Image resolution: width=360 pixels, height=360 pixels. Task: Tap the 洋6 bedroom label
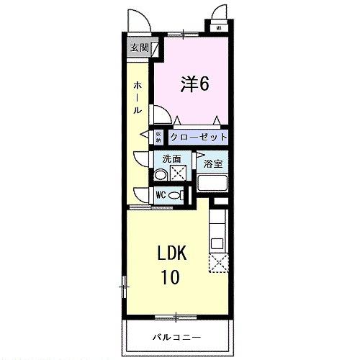(194, 84)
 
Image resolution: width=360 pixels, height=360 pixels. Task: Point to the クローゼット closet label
(199, 137)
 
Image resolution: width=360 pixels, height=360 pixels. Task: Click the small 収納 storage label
(158, 135)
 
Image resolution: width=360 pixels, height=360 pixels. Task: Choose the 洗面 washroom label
(171, 159)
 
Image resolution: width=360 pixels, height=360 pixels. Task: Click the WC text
(161, 194)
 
